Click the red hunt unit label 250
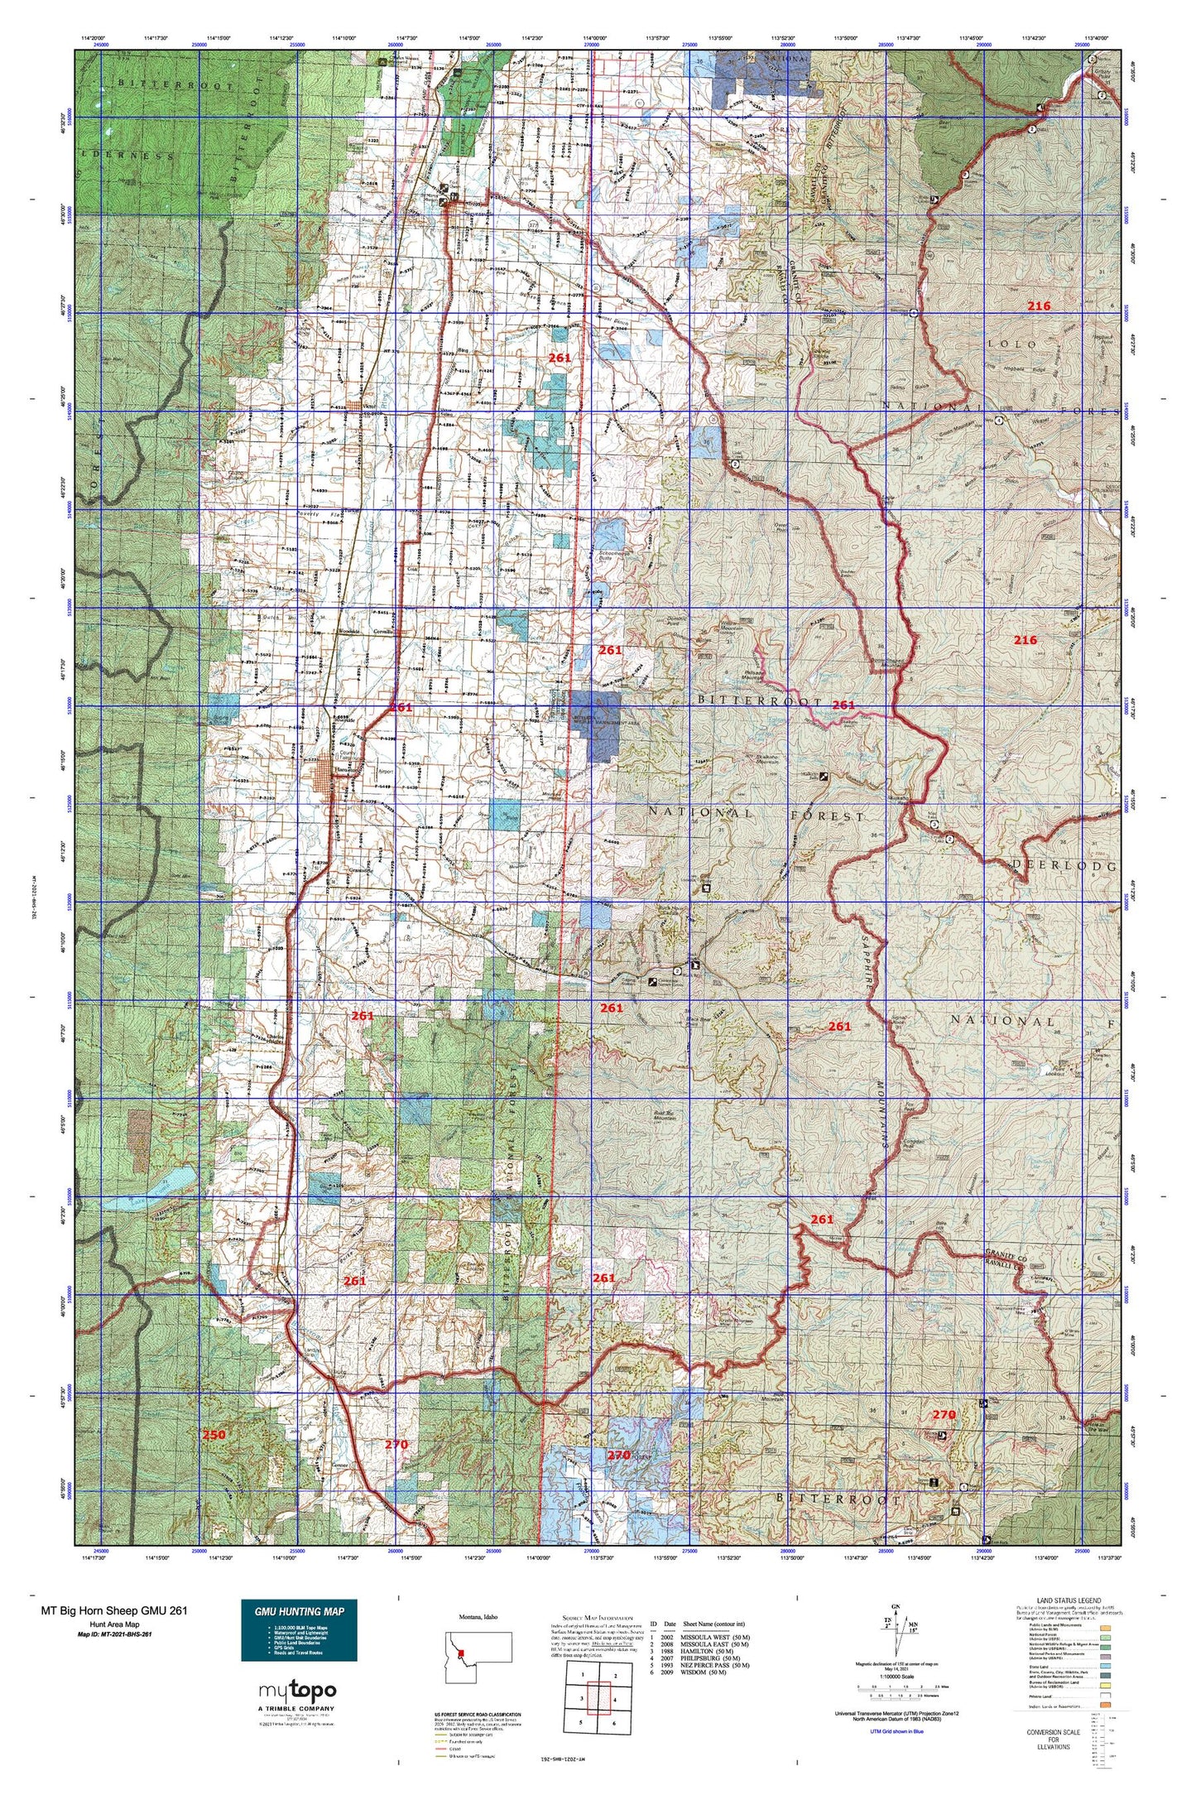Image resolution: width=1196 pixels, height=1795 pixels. click(x=214, y=1435)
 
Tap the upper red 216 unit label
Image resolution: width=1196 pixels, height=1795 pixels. click(x=1039, y=306)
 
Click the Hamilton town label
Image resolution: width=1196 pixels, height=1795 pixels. click(x=344, y=769)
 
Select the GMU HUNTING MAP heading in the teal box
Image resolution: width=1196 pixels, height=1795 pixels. click(x=299, y=1611)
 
